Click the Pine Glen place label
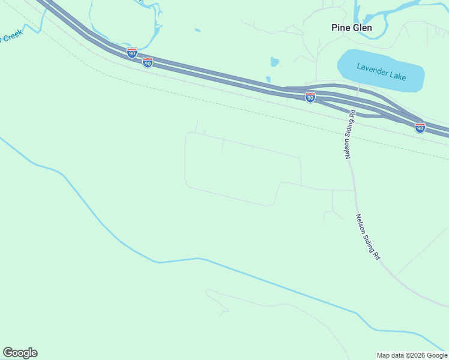[352, 28]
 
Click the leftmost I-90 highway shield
[132, 53]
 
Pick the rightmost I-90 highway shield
[420, 128]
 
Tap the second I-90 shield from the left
[148, 62]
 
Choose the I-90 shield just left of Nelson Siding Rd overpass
[310, 97]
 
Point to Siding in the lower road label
[368, 238]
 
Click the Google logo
[20, 353]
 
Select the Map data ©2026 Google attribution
[412, 355]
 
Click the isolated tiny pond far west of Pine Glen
[197, 30]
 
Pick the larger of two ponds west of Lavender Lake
[274, 62]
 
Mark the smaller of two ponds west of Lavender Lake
[268, 79]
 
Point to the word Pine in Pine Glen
[340, 28]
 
